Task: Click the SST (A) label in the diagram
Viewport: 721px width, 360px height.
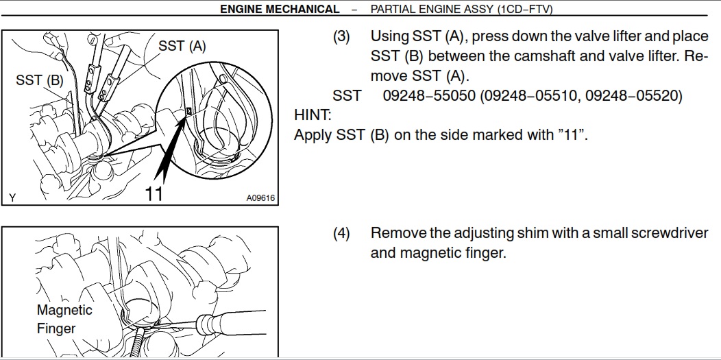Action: pos(182,46)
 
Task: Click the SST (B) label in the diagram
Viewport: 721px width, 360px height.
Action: pos(40,80)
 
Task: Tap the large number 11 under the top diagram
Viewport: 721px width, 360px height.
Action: pos(154,193)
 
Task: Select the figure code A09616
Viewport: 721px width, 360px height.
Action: pos(260,198)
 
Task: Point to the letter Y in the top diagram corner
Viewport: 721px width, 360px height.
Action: pos(12,198)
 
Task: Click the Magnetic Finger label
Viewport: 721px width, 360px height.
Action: pos(64,319)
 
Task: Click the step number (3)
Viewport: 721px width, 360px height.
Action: pos(341,36)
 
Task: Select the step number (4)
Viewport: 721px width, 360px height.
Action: pos(341,233)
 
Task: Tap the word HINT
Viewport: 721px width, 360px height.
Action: pos(313,115)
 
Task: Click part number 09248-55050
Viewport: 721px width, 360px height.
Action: pos(429,95)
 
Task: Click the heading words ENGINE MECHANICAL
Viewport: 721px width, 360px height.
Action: pos(280,9)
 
